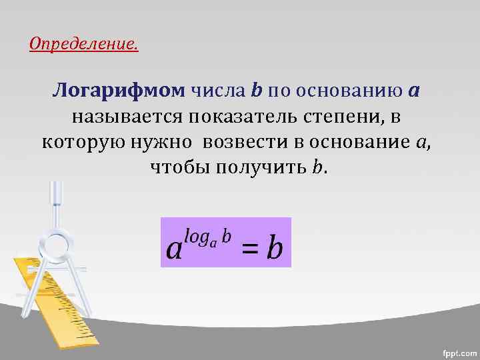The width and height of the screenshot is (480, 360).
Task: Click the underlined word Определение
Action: pos(84,45)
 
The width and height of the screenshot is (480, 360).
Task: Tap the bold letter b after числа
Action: pos(257,90)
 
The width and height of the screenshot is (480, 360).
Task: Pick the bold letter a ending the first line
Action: pos(413,91)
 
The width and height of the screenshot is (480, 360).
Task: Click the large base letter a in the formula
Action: pos(174,249)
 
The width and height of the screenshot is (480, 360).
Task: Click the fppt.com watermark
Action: pos(459,351)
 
